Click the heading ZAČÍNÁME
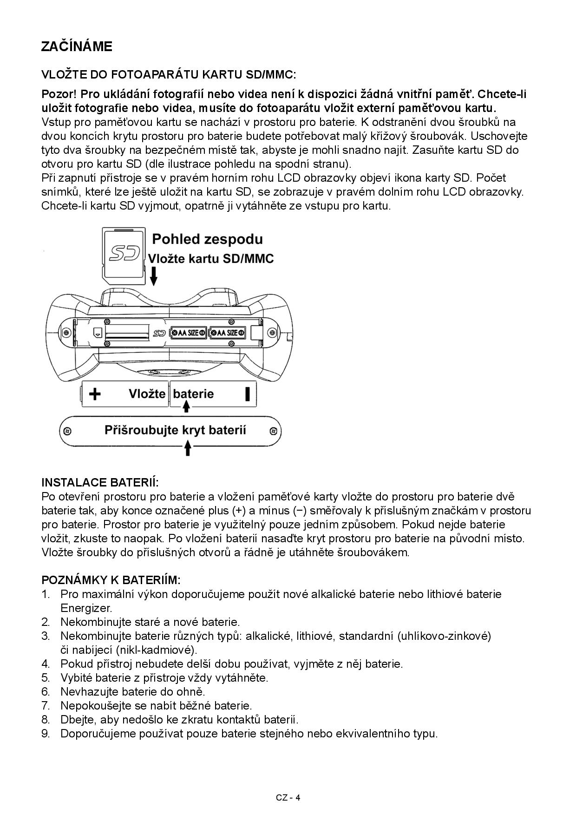[x=77, y=46]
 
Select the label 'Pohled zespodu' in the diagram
[x=207, y=239]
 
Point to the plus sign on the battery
[x=95, y=394]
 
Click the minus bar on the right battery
[x=248, y=394]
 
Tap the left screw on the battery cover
[x=67, y=431]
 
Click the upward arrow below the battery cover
[x=188, y=448]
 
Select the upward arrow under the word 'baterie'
[x=186, y=407]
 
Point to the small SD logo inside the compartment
[x=159, y=333]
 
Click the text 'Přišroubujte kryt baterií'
[x=175, y=430]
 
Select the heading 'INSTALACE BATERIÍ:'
[x=100, y=482]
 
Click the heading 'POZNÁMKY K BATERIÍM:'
[x=111, y=580]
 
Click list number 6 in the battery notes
[x=46, y=691]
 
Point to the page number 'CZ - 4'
[x=288, y=797]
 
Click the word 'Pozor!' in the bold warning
[x=59, y=94]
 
